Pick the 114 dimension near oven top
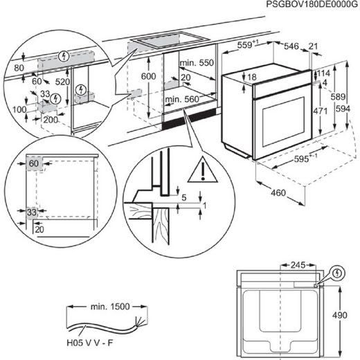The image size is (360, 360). [324, 74]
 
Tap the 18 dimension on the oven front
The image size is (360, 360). [252, 78]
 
